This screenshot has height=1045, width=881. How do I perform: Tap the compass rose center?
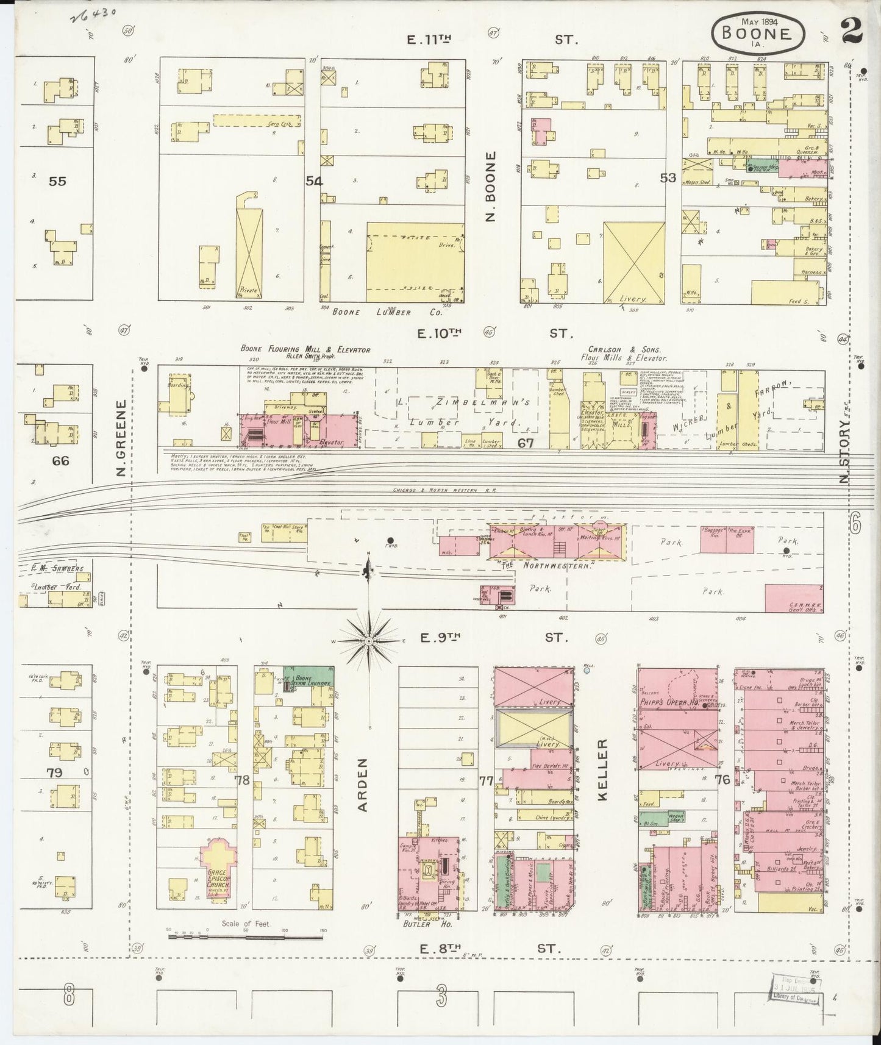(369, 642)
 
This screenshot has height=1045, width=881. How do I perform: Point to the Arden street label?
(363, 785)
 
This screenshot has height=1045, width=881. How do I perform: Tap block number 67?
(526, 443)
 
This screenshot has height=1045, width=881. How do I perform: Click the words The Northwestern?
(546, 566)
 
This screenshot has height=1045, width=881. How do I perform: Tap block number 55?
(58, 181)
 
